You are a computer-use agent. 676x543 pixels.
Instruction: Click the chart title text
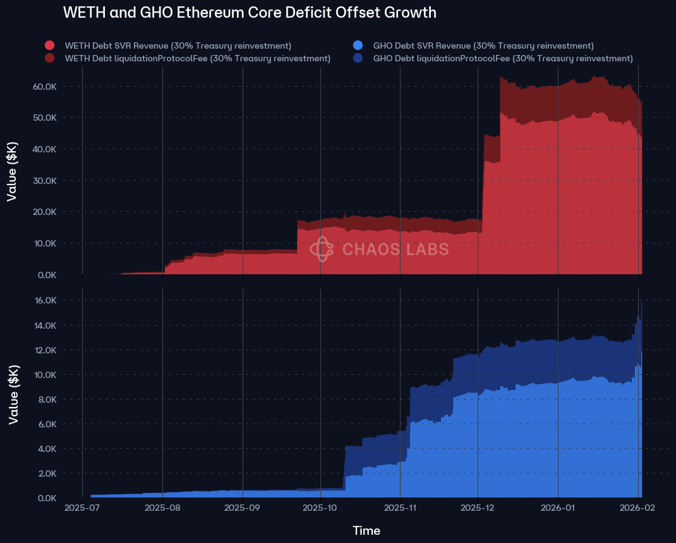click(x=250, y=13)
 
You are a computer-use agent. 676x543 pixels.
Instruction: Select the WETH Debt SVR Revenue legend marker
click(x=50, y=46)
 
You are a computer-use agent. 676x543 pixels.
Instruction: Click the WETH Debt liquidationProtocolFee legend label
click(x=198, y=59)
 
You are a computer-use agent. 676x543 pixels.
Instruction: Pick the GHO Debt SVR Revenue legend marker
click(x=358, y=46)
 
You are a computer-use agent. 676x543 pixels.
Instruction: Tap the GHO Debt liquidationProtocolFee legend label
click(x=503, y=59)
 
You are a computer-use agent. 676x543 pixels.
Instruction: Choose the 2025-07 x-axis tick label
click(x=83, y=507)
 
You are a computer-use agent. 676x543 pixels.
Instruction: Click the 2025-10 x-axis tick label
click(x=320, y=507)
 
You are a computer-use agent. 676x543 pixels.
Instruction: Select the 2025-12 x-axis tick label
click(x=478, y=507)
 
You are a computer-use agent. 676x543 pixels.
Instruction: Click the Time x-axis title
click(x=366, y=530)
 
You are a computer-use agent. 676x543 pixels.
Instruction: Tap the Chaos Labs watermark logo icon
click(x=322, y=249)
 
